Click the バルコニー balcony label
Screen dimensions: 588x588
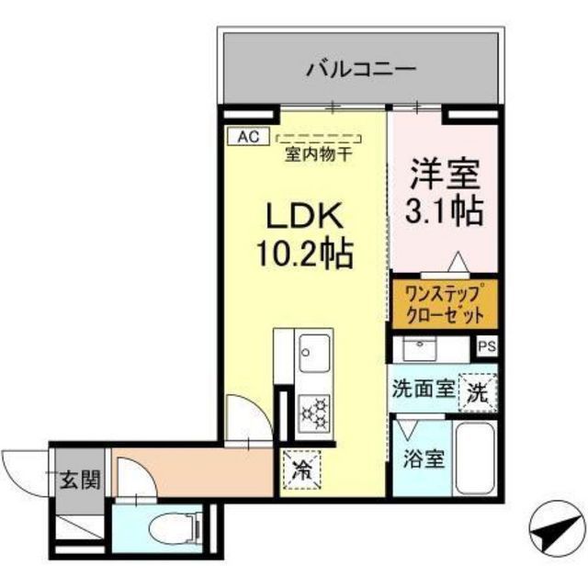coord(361,68)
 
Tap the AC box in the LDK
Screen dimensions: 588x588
coord(247,136)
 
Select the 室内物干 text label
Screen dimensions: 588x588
coord(317,153)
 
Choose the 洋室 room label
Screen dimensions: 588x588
coord(446,175)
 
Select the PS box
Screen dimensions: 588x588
coord(486,347)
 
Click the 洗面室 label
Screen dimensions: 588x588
coord(422,388)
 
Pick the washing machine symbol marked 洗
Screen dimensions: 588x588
coord(479,390)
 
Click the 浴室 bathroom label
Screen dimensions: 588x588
coord(422,457)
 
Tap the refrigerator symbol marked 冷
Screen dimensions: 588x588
coord(300,471)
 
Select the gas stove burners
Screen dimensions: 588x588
coord(315,411)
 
